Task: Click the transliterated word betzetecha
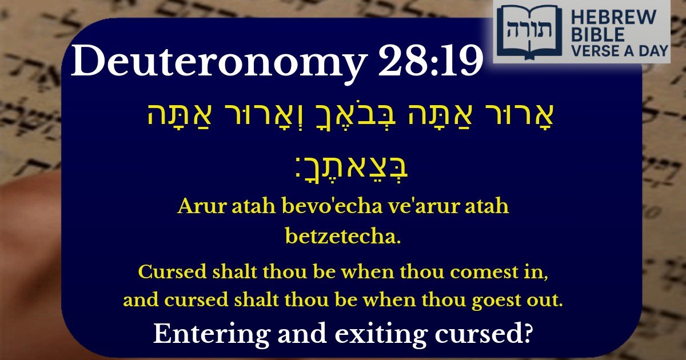click(x=342, y=235)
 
